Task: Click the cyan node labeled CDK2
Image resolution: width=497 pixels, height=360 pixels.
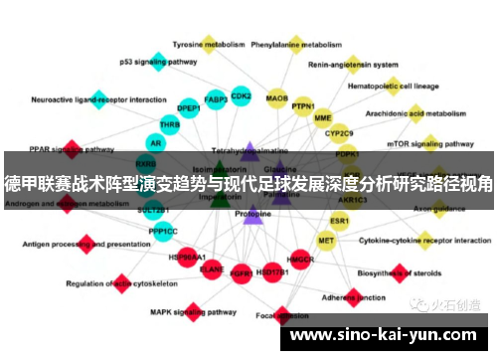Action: click(x=241, y=96)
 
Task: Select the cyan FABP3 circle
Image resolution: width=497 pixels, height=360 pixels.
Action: click(x=216, y=100)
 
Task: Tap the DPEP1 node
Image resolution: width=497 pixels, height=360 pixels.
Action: click(x=189, y=107)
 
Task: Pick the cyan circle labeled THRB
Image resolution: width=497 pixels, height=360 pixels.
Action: click(x=170, y=125)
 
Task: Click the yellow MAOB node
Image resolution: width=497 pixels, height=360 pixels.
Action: click(x=277, y=98)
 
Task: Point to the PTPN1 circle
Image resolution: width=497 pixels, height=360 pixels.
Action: click(x=303, y=107)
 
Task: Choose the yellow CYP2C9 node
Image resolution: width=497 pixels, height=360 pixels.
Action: click(x=339, y=132)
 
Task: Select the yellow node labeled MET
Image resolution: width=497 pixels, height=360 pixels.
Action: click(x=326, y=241)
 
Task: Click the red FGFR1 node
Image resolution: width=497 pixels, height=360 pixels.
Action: click(x=241, y=271)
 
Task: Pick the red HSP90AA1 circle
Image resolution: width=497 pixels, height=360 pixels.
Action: click(x=181, y=258)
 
